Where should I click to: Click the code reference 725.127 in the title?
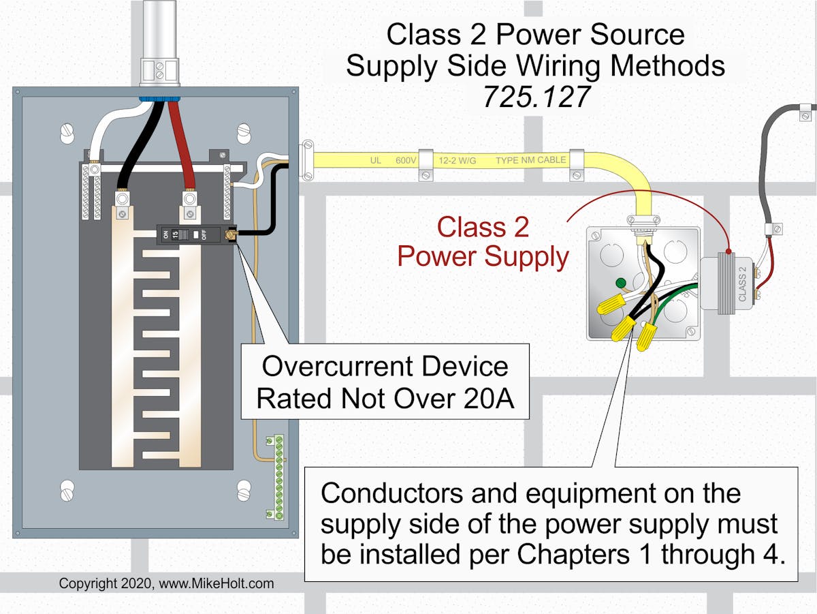coord(536,97)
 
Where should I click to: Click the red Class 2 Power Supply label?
coord(483,242)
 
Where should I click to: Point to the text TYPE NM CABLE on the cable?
coord(530,161)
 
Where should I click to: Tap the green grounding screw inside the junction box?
coord(620,283)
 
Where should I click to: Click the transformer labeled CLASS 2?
coord(728,286)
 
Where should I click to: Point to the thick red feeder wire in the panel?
coord(184,147)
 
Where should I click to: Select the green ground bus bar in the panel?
coord(278,477)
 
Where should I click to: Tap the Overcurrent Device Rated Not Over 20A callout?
coord(385,382)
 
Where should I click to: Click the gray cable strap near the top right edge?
coord(805,108)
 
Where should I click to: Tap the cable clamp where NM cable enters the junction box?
coord(643,221)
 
